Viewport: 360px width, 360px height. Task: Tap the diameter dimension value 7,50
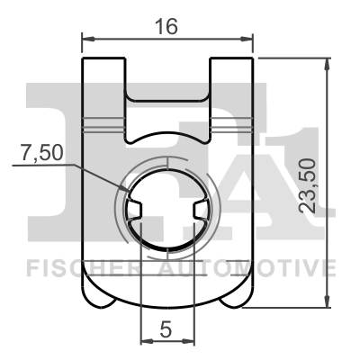coord(40,153)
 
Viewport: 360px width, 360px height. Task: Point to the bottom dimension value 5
coord(166,330)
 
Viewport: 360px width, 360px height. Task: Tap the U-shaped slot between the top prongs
coord(167,112)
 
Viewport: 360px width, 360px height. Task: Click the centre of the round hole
coord(168,210)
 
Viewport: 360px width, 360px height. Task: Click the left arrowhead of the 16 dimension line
coord(86,39)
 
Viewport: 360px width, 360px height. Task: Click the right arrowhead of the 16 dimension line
coord(249,39)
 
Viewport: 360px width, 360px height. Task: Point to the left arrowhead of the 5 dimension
coord(146,341)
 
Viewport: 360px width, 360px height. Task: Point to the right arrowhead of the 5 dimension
coord(191,341)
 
